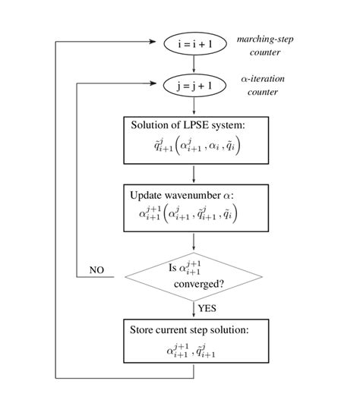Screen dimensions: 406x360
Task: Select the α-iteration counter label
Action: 261,86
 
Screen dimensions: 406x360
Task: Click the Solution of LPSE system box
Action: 194,138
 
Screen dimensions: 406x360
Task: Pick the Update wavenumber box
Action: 194,207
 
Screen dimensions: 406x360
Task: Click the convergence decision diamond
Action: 194,275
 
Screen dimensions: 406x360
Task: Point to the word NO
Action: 97,269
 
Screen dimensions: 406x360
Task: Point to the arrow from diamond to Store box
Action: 194,309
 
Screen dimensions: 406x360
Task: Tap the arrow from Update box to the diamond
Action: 194,242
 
